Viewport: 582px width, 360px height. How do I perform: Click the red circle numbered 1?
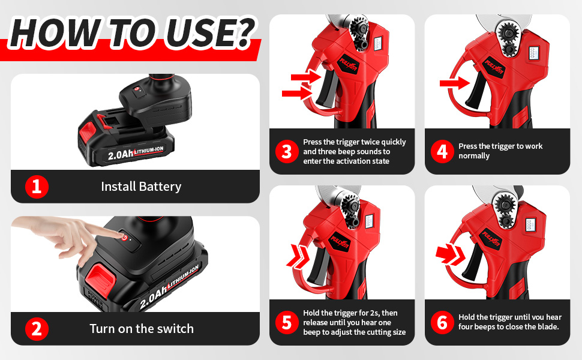click(x=37, y=187)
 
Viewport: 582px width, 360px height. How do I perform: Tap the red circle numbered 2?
click(x=37, y=329)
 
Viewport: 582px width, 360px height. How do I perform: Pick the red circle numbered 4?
click(x=442, y=152)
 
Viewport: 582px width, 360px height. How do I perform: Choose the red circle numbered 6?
click(x=442, y=323)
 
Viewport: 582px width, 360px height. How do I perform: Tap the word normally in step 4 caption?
click(x=474, y=156)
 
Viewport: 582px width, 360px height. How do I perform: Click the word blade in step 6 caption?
click(x=548, y=327)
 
